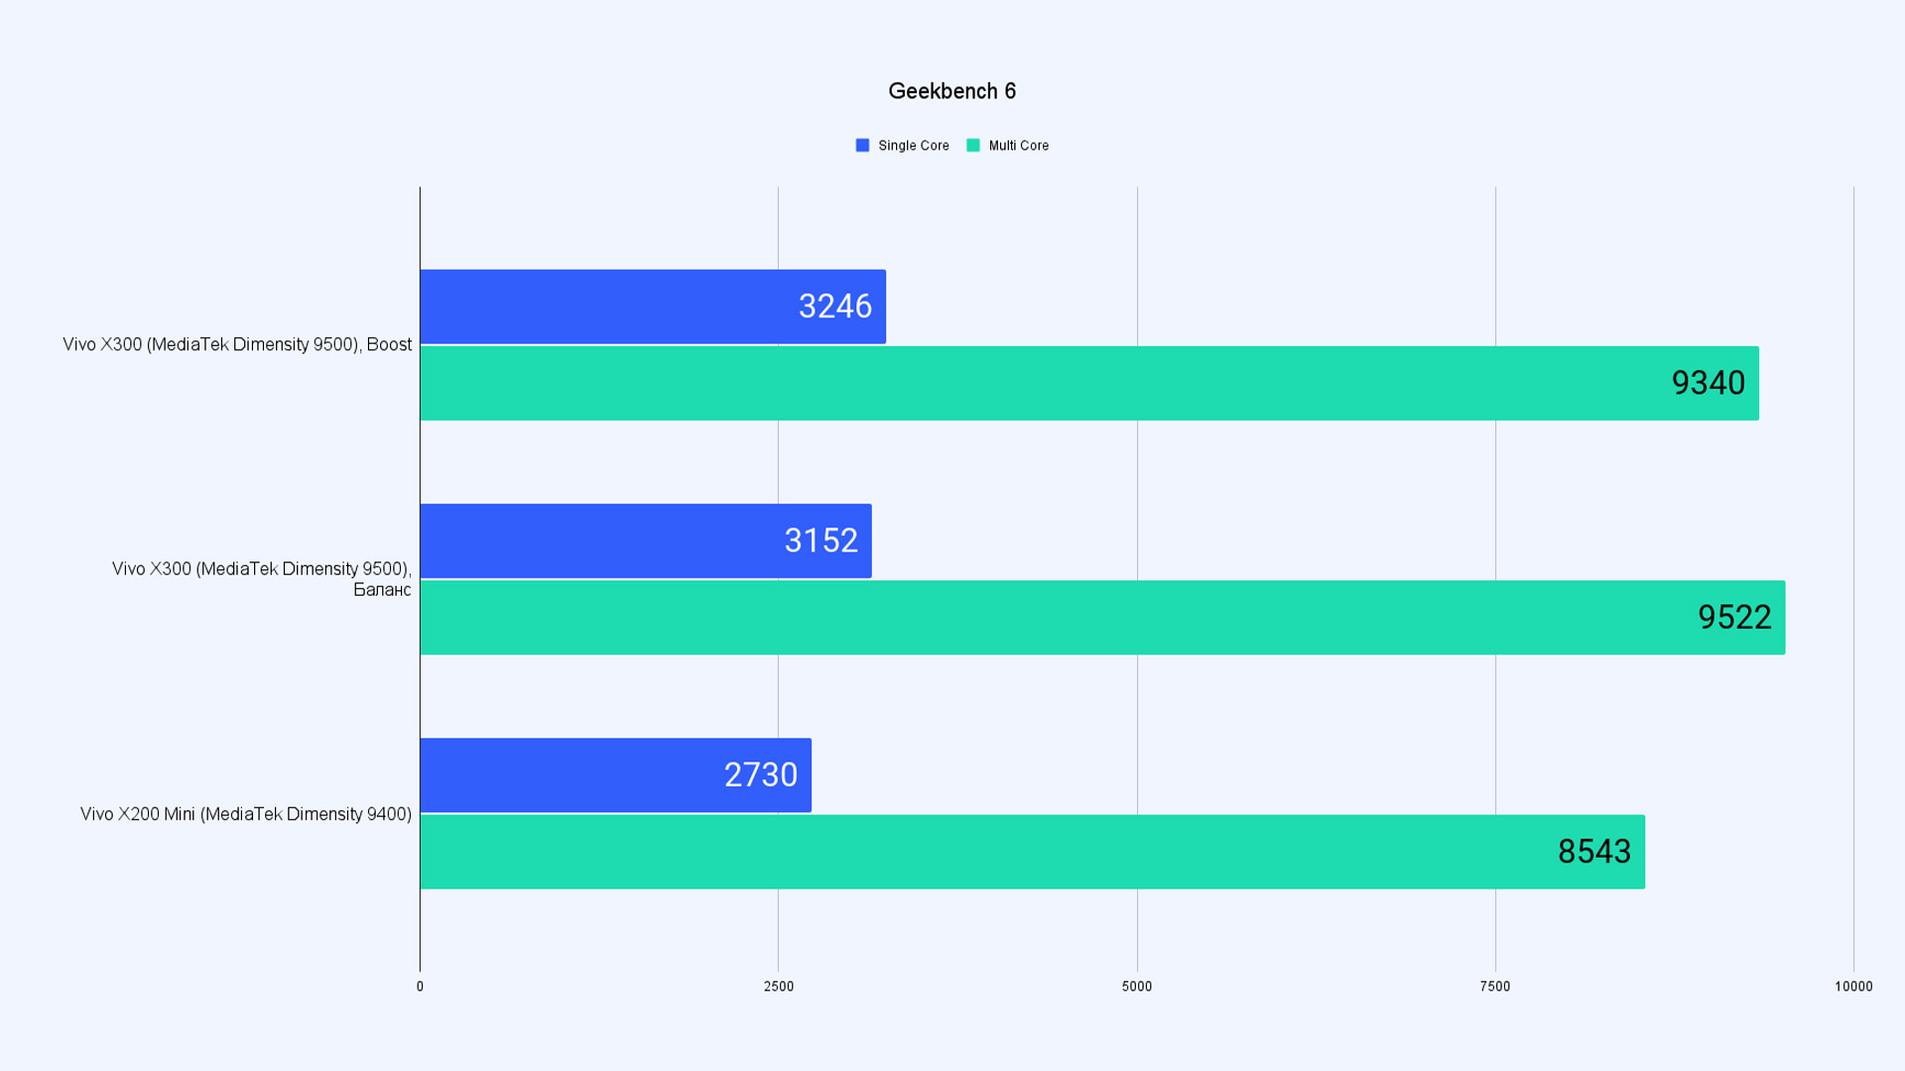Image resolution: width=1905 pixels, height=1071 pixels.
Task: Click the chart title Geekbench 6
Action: click(x=952, y=91)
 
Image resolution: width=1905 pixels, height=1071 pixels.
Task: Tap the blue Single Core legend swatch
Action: click(x=862, y=146)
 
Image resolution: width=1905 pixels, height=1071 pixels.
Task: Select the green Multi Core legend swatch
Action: click(x=973, y=146)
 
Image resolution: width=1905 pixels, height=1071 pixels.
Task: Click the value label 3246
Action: click(x=834, y=306)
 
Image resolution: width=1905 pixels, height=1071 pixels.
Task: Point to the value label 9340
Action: click(x=1708, y=383)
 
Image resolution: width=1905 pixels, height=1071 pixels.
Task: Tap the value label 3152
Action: click(x=821, y=540)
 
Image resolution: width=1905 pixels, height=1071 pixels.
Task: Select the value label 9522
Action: click(x=1734, y=617)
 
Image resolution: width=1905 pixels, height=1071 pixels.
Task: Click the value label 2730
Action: click(x=760, y=774)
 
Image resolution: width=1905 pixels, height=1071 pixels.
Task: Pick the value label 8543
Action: click(x=1593, y=851)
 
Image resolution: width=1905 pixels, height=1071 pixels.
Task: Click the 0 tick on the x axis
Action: click(x=420, y=987)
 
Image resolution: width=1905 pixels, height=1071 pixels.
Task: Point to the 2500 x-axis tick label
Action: click(x=779, y=987)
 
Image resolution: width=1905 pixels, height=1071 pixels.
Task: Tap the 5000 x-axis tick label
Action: click(x=1137, y=987)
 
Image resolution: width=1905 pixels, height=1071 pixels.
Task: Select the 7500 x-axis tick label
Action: click(x=1495, y=987)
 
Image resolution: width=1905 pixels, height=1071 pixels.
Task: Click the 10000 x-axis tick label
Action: click(x=1853, y=987)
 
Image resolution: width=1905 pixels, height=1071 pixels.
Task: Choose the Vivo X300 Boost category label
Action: click(x=237, y=344)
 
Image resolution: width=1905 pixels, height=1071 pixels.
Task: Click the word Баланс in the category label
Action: click(x=382, y=590)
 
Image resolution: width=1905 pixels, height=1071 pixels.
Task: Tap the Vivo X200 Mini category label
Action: click(x=246, y=814)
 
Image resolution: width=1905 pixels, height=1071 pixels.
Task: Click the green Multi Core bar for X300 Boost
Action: click(x=992, y=383)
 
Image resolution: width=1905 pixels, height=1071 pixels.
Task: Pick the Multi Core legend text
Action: click(x=1018, y=146)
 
